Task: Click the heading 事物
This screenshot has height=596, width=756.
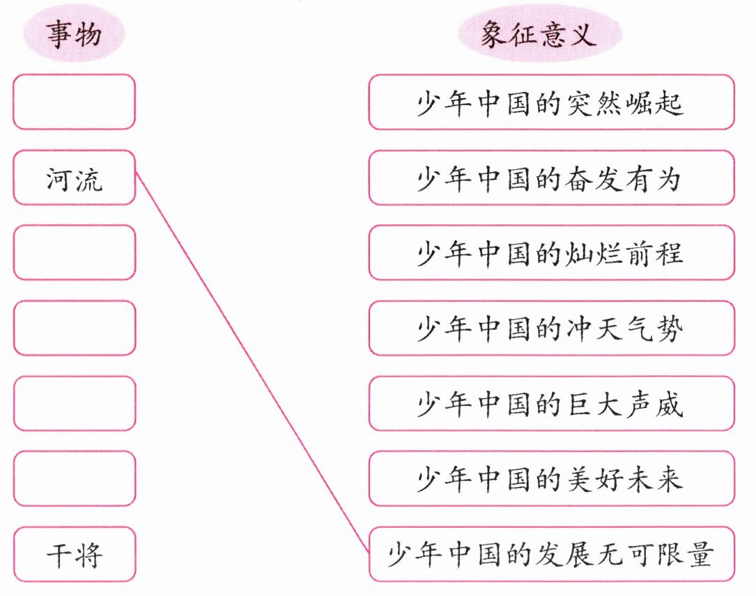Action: pyautogui.click(x=74, y=35)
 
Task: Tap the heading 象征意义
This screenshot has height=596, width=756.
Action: pyautogui.click(x=539, y=35)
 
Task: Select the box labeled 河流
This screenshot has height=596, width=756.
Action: pyautogui.click(x=74, y=178)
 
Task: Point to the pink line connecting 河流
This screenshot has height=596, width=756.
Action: pyautogui.click(x=251, y=362)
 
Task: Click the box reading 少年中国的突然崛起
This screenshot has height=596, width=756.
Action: pyautogui.click(x=550, y=102)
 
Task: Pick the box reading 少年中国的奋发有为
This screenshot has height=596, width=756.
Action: pyautogui.click(x=550, y=178)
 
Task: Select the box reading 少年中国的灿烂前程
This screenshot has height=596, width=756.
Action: pyautogui.click(x=550, y=252)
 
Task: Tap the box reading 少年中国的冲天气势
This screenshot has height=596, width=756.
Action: pyautogui.click(x=550, y=328)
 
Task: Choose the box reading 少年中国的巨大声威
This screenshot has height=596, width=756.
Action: pyautogui.click(x=550, y=403)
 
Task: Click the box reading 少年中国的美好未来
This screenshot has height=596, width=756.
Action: pyautogui.click(x=550, y=478)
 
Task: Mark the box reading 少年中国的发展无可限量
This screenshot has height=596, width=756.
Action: pyautogui.click(x=550, y=554)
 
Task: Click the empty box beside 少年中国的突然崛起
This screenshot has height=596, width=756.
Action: pyautogui.click(x=74, y=102)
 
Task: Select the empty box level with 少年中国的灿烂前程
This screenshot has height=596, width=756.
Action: pyautogui.click(x=74, y=252)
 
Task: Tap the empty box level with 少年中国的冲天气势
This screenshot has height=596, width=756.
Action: pyautogui.click(x=74, y=328)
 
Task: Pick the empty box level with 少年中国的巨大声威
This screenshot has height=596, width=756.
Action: pyautogui.click(x=74, y=403)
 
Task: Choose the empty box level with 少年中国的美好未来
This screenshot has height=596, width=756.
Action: pyautogui.click(x=74, y=478)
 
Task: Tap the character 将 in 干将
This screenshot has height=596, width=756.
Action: pyautogui.click(x=88, y=555)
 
